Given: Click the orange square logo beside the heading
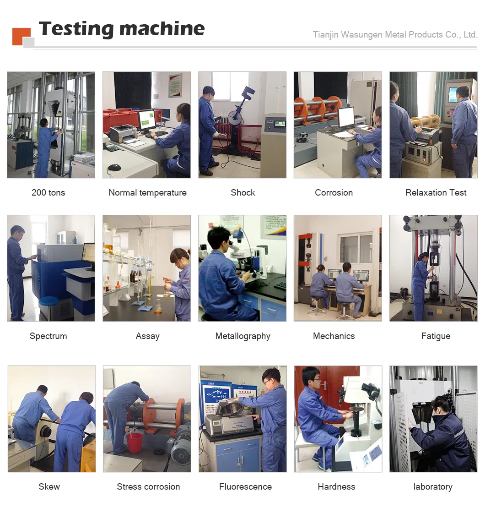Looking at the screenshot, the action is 21,36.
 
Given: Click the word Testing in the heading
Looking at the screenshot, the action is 76,29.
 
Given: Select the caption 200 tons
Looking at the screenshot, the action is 48,193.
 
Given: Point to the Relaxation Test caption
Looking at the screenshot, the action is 436,193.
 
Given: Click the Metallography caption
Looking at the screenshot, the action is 243,336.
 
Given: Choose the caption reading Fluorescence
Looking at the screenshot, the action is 245,487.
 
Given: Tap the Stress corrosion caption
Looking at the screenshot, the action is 148,487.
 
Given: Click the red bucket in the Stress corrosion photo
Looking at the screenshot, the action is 135,442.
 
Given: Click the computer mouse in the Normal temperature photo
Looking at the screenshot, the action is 114,168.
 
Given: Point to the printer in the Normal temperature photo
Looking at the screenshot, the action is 123,133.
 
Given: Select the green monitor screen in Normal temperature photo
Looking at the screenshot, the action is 147,120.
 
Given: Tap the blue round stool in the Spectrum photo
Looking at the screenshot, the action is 48,300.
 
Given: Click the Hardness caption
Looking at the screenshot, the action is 336,487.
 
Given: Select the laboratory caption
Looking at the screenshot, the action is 433,487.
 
